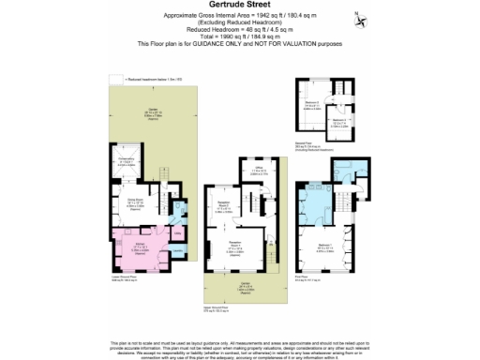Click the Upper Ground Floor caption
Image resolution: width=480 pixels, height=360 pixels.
click(x=247, y=307)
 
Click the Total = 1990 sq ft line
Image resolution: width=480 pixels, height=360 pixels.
click(x=239, y=37)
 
